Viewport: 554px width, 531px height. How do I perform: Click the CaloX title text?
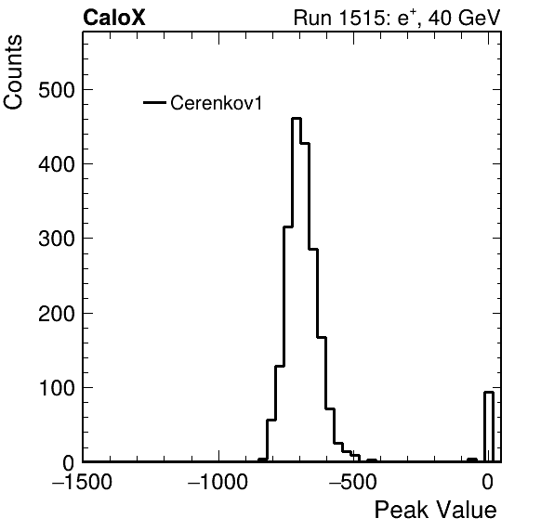[x=114, y=18]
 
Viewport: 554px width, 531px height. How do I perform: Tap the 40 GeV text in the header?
[x=465, y=18]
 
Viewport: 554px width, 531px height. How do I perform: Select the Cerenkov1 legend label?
[x=217, y=103]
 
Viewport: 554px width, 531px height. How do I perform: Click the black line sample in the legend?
[x=154, y=103]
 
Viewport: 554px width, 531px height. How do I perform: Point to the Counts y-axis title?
[x=13, y=72]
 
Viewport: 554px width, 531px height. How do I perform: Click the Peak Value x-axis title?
[x=435, y=510]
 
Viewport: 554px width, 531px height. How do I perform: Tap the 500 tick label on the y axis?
[x=57, y=90]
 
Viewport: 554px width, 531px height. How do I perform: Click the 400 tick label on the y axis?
[x=57, y=164]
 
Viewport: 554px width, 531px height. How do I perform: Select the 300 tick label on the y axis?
[x=57, y=239]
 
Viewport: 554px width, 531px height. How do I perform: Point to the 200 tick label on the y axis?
[x=57, y=313]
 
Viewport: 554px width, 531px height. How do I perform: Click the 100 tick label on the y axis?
[x=57, y=388]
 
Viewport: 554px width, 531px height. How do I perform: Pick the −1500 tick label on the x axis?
[x=83, y=482]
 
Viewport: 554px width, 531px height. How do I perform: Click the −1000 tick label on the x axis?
[x=218, y=482]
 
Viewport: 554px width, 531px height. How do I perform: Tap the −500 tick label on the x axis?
[x=353, y=482]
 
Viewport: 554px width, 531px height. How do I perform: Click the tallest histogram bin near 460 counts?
[x=297, y=290]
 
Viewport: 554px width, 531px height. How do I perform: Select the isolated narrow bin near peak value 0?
[x=489, y=427]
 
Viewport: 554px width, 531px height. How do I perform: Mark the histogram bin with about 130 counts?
[x=280, y=413]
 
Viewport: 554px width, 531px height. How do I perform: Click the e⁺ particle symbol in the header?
[x=404, y=18]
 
